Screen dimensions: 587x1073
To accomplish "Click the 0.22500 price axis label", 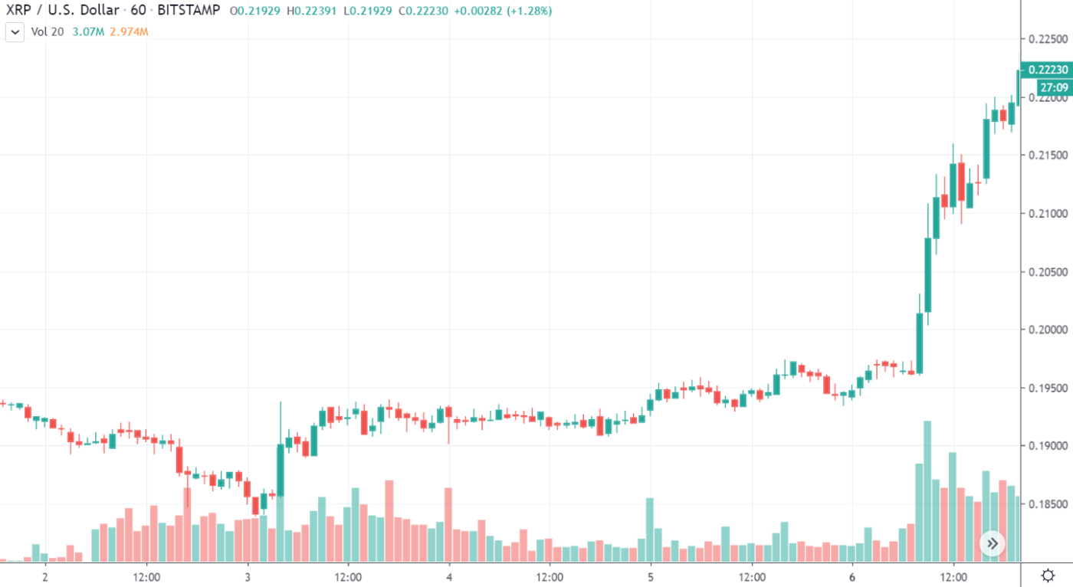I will pos(1048,39).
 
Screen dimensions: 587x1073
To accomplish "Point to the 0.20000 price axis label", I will pos(1048,330).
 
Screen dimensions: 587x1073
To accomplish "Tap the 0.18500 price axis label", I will pos(1048,503).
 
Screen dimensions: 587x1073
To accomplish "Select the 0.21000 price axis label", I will pos(1048,213).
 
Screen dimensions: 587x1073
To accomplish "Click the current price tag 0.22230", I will pos(1048,70).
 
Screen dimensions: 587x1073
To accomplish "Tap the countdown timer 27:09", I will pos(1053,87).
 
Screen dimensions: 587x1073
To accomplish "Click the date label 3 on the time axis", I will pos(248,575).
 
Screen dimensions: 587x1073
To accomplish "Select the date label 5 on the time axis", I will pos(651,575).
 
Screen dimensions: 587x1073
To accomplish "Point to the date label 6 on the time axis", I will pos(852,575).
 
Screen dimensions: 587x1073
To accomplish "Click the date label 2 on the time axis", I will pos(45,575).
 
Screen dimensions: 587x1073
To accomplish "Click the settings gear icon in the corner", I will pos(1048,575).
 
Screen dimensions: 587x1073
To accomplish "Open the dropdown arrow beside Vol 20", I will pos(15,32).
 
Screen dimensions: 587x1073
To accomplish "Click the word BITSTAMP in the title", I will pos(189,11).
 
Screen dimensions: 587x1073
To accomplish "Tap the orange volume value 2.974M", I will pos(129,32).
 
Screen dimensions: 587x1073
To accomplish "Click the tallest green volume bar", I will pos(927,490).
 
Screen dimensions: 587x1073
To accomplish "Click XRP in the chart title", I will pos(19,11).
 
